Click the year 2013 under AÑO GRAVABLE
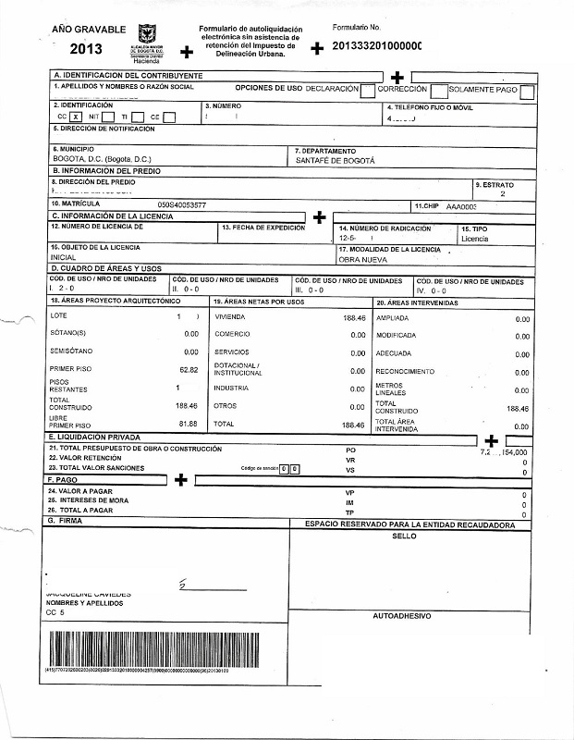tap(86, 49)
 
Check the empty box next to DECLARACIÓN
tap(368, 91)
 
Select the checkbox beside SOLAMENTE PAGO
tap(527, 91)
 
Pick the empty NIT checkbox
tap(107, 117)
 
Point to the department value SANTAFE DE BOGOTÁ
tap(336, 160)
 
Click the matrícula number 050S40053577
tap(182, 204)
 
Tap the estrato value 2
tap(502, 194)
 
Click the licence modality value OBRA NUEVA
tap(362, 260)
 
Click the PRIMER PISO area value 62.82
tap(189, 370)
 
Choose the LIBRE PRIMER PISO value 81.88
tap(189, 424)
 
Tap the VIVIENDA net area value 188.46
tap(354, 317)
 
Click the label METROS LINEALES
tap(389, 388)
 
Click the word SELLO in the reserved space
tap(404, 536)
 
